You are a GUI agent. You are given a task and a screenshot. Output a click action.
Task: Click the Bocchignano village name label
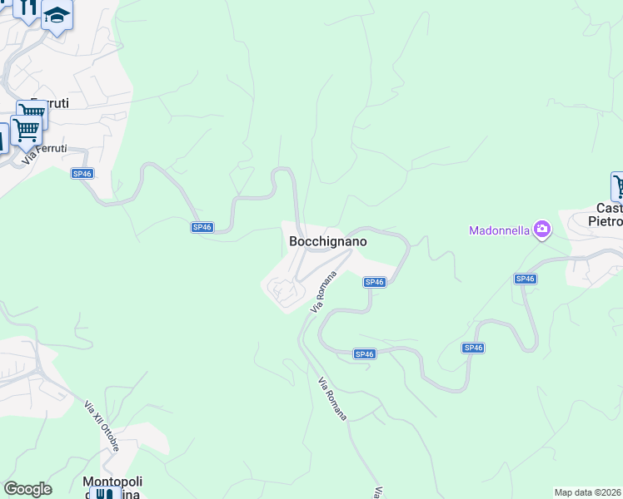coord(327,241)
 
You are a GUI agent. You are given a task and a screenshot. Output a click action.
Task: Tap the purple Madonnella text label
coord(500,230)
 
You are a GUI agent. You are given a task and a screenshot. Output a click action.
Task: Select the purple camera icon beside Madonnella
coord(542,228)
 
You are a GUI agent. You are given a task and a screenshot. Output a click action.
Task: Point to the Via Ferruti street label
coord(44,154)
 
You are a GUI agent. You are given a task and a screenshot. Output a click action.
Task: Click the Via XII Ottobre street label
coord(102,426)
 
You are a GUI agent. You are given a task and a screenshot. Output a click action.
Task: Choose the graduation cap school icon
coord(57,15)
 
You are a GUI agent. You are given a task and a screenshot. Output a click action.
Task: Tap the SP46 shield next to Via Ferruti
coord(81,173)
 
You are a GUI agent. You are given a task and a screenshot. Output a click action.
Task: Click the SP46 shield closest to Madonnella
coord(525,279)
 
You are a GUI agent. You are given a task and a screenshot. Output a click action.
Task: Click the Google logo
coord(27,489)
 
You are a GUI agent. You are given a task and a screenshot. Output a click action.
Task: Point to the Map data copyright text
coord(587,492)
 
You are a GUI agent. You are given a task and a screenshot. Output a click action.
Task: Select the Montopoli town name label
coord(112,482)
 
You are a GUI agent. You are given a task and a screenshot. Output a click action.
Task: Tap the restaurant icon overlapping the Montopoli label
coord(103,495)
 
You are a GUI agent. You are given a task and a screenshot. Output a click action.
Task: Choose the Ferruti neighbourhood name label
coord(50,103)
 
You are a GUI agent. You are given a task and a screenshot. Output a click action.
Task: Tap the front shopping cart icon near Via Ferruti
coord(25,130)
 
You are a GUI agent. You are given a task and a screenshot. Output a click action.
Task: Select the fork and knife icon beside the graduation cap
coord(28,8)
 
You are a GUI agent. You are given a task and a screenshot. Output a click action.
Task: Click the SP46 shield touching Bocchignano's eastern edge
coord(374,283)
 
